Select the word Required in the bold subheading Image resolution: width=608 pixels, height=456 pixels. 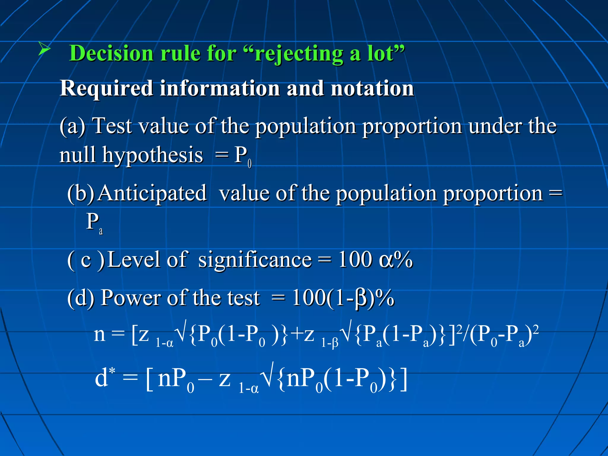tap(107, 89)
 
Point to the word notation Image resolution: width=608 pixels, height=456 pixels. tap(372, 89)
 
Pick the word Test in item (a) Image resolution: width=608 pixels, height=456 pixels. tap(112, 126)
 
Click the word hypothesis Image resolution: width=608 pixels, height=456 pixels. tap(153, 156)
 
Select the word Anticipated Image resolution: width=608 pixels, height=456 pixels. tap(152, 193)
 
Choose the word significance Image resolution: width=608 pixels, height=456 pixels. tap(255, 260)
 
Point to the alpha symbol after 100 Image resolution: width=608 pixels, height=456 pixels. tap(387, 260)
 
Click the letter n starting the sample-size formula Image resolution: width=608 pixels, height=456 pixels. tap(100, 334)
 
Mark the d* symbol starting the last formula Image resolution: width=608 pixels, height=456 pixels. tap(104, 378)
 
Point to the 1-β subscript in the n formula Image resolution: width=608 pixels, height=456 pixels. tap(330, 343)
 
